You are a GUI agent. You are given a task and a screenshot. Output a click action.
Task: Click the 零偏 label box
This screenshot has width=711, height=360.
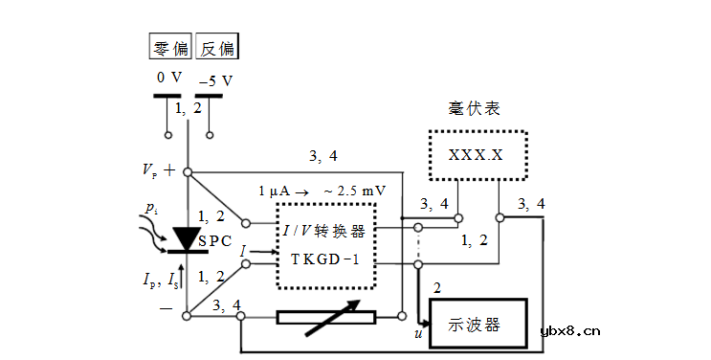pyautogui.click(x=170, y=47)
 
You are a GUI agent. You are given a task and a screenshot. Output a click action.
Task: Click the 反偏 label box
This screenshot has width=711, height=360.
pyautogui.click(x=217, y=47)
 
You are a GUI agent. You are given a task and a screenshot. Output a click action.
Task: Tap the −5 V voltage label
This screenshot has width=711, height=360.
pyautogui.click(x=215, y=81)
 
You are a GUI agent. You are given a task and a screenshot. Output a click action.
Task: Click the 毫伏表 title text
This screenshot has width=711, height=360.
pyautogui.click(x=475, y=107)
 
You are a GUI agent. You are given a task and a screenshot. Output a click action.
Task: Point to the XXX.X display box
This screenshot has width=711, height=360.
pyautogui.click(x=477, y=154)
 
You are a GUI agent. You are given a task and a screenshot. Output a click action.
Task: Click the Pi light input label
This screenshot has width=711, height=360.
pyautogui.click(x=151, y=208)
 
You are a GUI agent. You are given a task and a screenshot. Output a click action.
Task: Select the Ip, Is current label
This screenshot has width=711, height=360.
pyautogui.click(x=153, y=280)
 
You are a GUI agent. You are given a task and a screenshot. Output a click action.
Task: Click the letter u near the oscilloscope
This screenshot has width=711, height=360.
pyautogui.click(x=417, y=333)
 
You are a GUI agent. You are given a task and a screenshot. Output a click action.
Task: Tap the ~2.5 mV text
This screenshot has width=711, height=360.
pyautogui.click(x=355, y=191)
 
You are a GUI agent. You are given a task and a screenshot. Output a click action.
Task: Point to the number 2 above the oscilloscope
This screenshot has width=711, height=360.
pyautogui.click(x=437, y=287)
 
